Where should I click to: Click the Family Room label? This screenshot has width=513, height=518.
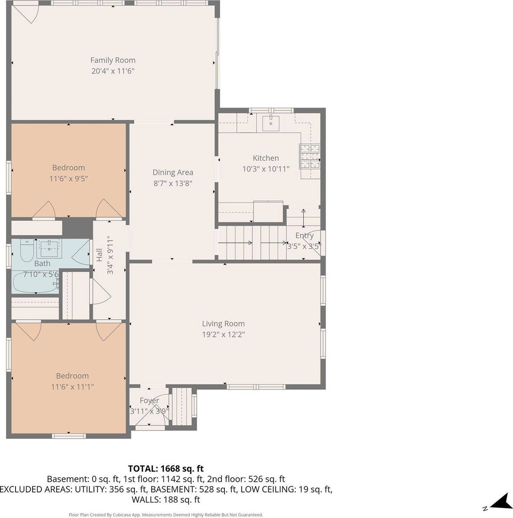pos(112,60)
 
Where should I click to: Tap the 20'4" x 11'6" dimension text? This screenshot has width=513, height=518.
pos(112,71)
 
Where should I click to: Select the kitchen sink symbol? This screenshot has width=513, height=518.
pos(271,122)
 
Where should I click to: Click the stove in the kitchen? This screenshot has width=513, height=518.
pos(310,156)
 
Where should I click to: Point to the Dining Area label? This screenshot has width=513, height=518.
pos(173,172)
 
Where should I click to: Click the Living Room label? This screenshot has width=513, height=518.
pos(223,324)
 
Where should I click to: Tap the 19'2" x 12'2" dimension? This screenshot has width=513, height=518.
pos(223,334)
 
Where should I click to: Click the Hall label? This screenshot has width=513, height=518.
pos(99,255)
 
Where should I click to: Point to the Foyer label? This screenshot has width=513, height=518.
pos(149,400)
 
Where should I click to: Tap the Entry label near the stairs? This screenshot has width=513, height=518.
pos(304,235)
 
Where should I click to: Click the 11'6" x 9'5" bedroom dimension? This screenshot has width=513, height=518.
pos(68,178)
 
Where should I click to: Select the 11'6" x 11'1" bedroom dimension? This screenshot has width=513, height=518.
pos(72,387)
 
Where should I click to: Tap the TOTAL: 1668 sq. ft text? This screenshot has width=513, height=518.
pos(166,468)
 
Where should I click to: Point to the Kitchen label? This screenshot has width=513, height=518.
pos(266,158)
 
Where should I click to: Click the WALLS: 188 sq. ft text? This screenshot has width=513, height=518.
pos(166,500)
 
